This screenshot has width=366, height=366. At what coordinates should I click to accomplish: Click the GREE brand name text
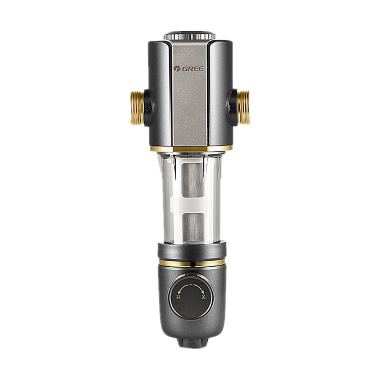192,69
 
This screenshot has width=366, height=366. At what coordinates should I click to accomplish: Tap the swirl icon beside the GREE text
177,69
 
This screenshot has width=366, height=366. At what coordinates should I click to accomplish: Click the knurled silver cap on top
189,36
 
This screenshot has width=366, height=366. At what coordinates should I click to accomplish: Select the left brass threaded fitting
137,108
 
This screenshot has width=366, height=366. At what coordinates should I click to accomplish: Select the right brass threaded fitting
243,107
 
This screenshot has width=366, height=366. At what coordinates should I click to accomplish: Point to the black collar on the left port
148,108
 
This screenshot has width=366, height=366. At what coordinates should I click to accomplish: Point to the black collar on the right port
232,107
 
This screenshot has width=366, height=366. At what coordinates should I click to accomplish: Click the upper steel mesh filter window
193,180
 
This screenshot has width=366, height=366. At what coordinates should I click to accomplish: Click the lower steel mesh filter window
193,227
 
